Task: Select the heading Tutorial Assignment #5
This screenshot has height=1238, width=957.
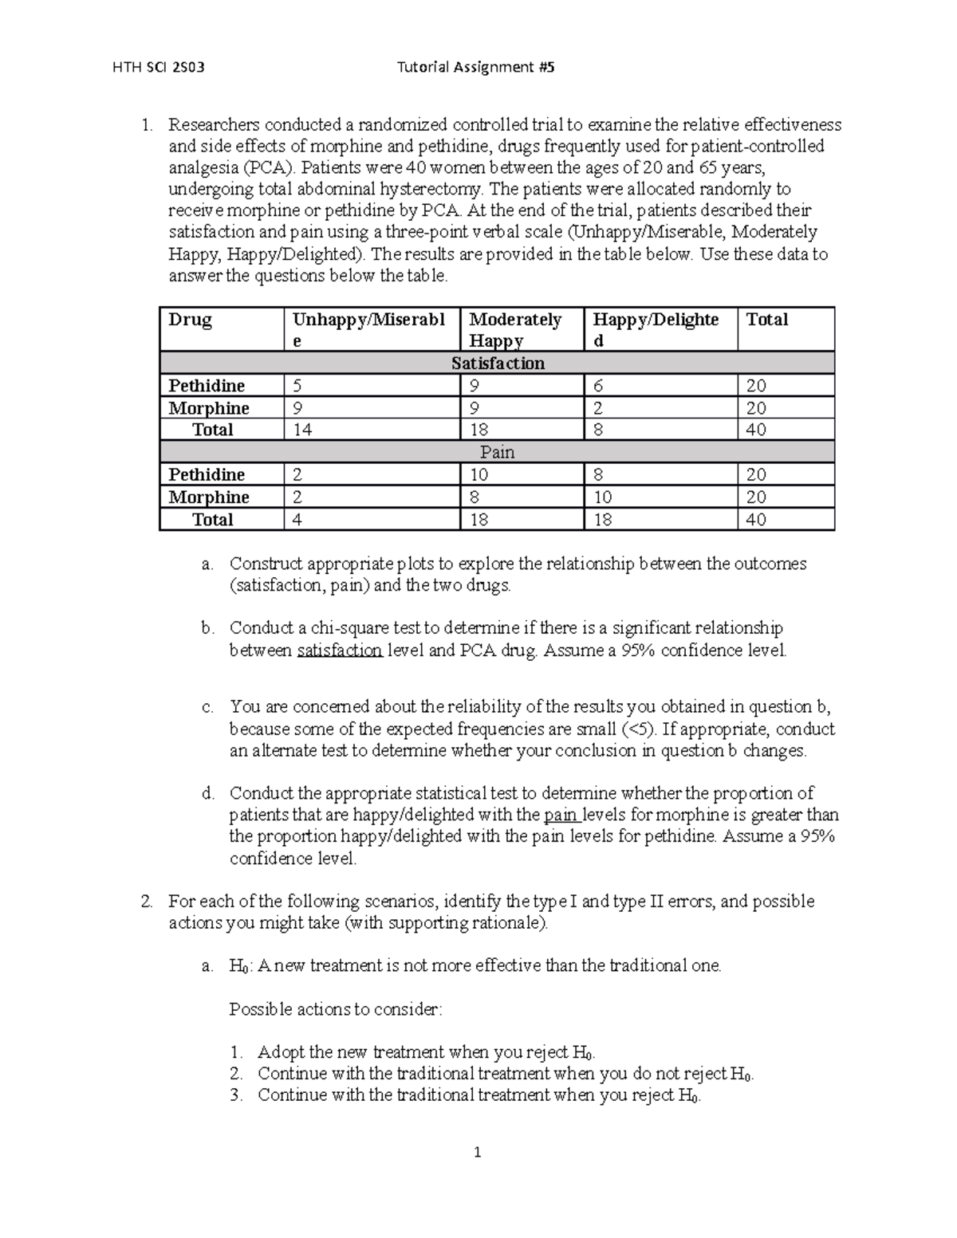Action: (x=475, y=68)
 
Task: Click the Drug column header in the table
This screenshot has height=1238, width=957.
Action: (x=190, y=320)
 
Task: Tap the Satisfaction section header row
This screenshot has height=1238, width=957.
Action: (x=498, y=364)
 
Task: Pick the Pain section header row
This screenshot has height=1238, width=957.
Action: (x=498, y=452)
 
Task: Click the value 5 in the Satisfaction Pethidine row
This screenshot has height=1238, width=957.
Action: (x=297, y=386)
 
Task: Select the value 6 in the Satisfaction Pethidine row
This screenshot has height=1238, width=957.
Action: (x=598, y=386)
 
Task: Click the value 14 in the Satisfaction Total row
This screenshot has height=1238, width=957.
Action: (x=302, y=430)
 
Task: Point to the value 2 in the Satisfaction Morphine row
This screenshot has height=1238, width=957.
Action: (x=598, y=408)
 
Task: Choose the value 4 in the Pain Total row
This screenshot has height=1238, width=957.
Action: (x=297, y=520)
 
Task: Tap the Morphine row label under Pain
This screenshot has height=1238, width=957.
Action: (x=209, y=497)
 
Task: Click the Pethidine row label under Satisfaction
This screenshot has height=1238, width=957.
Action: (x=207, y=386)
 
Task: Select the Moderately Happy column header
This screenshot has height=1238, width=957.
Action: (x=515, y=330)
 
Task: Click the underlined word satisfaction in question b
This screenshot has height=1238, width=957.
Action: (x=340, y=650)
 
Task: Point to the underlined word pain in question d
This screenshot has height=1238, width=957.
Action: (x=561, y=815)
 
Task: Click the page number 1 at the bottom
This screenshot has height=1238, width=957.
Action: (x=478, y=1152)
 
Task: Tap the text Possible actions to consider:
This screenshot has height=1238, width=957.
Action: (x=335, y=1009)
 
